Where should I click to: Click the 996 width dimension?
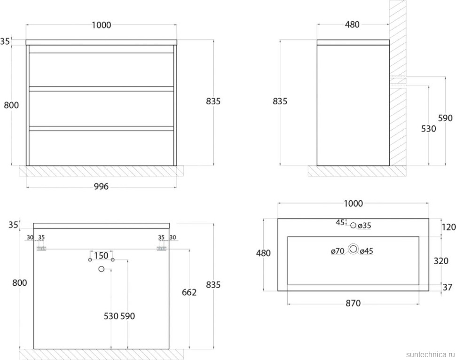point(101,187)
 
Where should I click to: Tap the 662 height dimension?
point(189,292)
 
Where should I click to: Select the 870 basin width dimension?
point(353,303)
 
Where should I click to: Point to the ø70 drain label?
point(338,250)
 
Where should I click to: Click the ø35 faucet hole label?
point(364,226)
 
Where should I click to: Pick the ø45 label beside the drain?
point(366,250)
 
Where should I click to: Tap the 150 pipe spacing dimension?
point(101,256)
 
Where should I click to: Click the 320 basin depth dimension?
point(441,261)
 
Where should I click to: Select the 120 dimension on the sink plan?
point(448,227)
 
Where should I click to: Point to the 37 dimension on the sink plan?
point(448,287)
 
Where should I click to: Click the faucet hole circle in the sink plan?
point(354,225)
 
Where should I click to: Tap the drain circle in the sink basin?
point(354,249)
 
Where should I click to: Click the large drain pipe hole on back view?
point(101,269)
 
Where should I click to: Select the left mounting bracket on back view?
point(41,249)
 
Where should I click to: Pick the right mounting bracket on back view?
point(161,249)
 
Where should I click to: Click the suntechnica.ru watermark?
point(431,354)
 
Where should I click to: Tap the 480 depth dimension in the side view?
point(352,25)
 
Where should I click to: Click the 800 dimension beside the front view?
point(11,105)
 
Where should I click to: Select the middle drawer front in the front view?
point(101,109)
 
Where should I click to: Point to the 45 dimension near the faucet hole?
point(340,222)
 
